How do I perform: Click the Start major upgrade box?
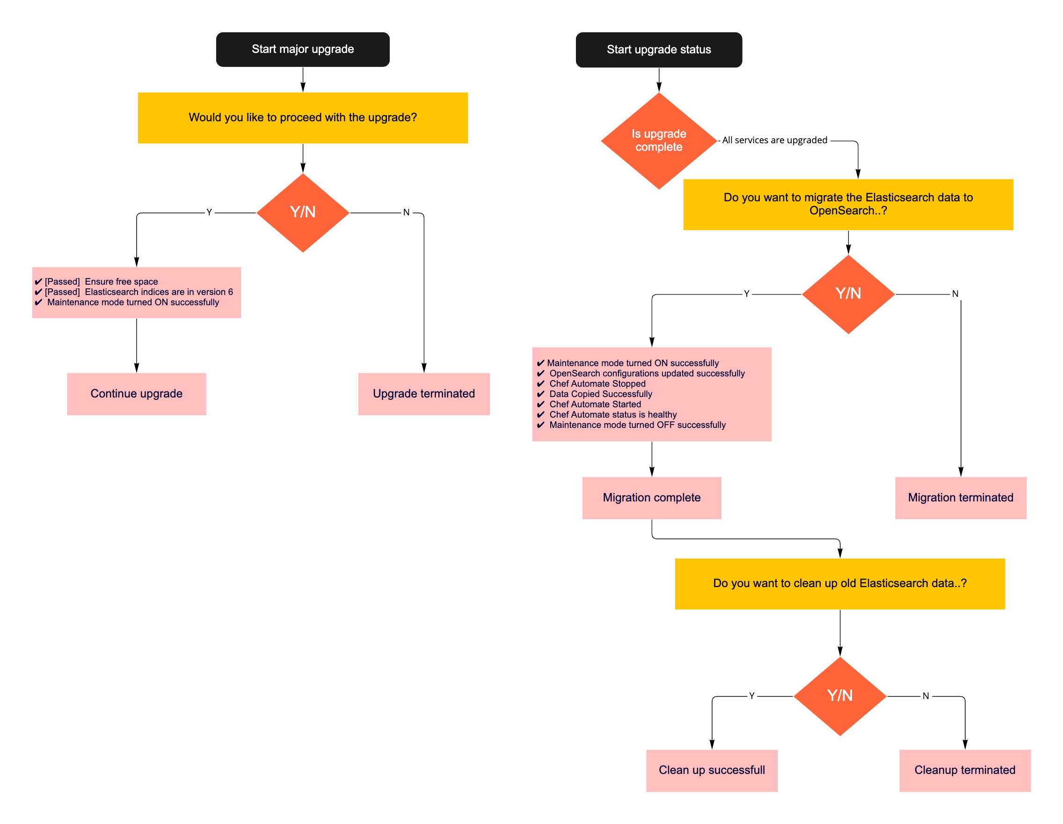[303, 49]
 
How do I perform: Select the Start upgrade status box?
[659, 50]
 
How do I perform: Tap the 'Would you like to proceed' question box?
[303, 118]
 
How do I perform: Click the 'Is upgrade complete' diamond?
[659, 141]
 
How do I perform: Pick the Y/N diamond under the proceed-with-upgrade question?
[303, 213]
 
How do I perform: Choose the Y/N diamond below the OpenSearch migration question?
[848, 294]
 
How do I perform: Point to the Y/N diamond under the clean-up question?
[840, 696]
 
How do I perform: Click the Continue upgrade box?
[136, 393]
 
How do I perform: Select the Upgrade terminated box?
[423, 393]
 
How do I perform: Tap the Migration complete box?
[651, 498]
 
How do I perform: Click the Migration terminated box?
[960, 498]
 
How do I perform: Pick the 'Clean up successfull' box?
[712, 771]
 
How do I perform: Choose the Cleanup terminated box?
[965, 771]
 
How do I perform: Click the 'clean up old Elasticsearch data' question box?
[840, 583]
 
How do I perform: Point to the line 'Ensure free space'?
[121, 281]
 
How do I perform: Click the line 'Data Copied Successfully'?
[601, 394]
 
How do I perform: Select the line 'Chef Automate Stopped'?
[597, 384]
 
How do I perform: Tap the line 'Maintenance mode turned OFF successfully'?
[637, 425]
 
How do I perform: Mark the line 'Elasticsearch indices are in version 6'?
[159, 292]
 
